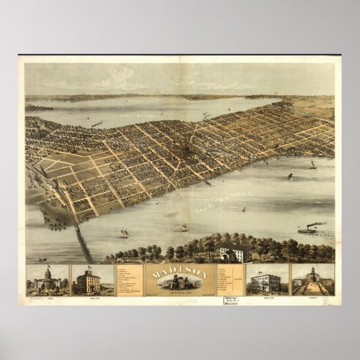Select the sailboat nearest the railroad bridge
click(x=124, y=234)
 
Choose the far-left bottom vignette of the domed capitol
click(x=47, y=281)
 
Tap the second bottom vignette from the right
click(x=267, y=281)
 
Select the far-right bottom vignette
click(x=312, y=280)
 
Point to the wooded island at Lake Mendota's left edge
click(x=38, y=107)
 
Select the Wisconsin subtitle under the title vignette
click(x=180, y=295)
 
